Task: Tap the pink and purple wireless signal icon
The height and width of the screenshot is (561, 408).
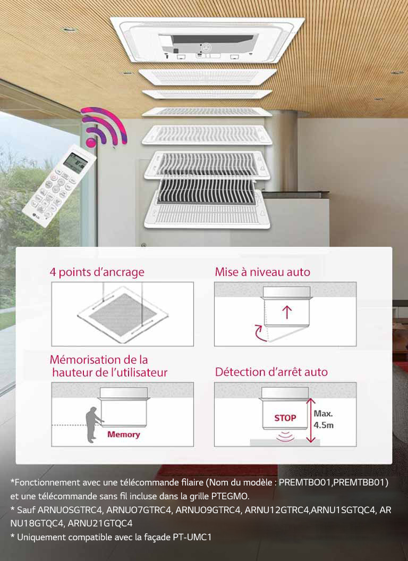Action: click(105, 126)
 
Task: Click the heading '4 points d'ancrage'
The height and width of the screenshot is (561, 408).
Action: click(97, 272)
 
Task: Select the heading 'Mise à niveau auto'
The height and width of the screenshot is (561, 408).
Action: click(262, 272)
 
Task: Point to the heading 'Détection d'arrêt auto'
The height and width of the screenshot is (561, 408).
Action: click(271, 372)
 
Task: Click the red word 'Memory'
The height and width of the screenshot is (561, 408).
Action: click(123, 434)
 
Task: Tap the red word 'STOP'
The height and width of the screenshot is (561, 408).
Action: click(285, 418)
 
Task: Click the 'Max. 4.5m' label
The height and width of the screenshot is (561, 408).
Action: click(324, 419)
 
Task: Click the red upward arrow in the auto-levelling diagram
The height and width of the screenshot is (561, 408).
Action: click(287, 312)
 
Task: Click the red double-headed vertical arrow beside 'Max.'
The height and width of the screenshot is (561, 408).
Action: click(311, 420)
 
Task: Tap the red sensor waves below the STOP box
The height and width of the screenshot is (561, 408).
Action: click(285, 437)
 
